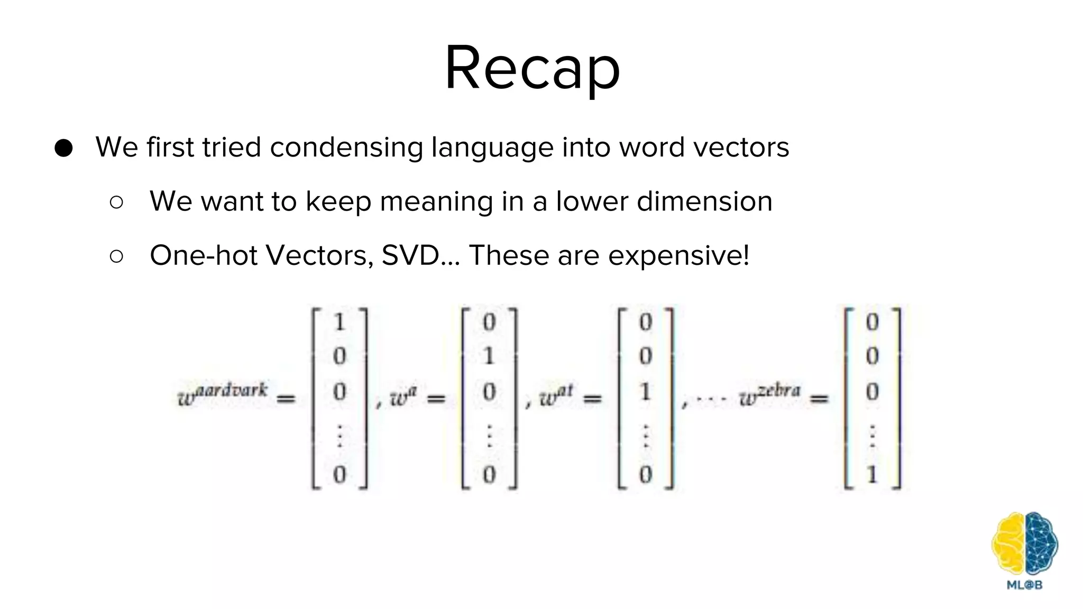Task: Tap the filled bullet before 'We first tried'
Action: pos(63,148)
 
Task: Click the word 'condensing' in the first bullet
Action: pos(346,147)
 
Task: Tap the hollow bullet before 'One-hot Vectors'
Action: pos(116,256)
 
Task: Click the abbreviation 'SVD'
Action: pos(410,256)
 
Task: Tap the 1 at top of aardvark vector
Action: pos(339,322)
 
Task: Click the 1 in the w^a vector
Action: pos(489,356)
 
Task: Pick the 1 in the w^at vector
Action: pos(645,392)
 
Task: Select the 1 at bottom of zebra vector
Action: pos(873,474)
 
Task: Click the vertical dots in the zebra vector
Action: pos(873,436)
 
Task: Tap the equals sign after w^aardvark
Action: pos(286,399)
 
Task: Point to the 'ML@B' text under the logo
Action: pos(1024,585)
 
